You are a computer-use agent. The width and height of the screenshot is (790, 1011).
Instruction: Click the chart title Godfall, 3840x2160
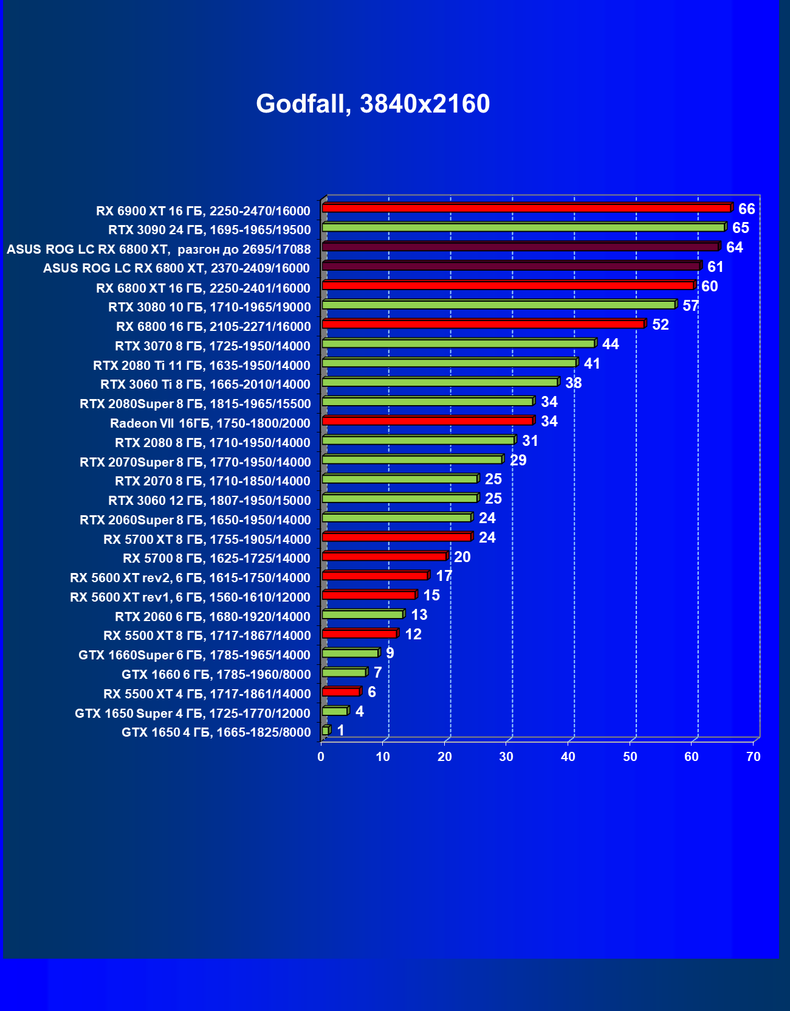click(373, 104)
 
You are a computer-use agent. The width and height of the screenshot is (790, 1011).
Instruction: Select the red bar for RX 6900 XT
click(526, 208)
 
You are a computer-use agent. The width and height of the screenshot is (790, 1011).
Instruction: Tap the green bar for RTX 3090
click(523, 228)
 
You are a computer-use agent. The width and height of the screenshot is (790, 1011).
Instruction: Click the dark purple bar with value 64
click(520, 247)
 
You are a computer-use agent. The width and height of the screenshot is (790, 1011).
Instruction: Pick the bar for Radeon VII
click(427, 421)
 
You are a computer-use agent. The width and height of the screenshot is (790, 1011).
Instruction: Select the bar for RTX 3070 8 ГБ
click(458, 344)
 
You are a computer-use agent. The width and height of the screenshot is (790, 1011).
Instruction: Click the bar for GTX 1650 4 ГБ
click(326, 731)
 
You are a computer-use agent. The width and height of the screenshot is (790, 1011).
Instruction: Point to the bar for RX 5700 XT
click(396, 537)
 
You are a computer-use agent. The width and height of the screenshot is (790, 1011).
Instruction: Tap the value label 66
click(746, 209)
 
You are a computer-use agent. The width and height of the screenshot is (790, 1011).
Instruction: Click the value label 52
click(660, 325)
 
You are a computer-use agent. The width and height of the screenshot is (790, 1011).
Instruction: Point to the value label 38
click(573, 383)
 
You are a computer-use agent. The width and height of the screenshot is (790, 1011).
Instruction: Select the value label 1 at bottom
click(340, 731)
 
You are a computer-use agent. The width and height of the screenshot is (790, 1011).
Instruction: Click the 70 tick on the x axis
click(753, 757)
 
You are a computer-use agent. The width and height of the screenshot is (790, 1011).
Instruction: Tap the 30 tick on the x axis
click(506, 757)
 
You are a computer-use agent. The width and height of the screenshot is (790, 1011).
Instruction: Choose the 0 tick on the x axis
click(321, 757)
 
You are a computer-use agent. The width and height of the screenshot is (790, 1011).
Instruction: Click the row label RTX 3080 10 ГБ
click(209, 307)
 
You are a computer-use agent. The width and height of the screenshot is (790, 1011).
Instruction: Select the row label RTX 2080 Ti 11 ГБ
click(201, 366)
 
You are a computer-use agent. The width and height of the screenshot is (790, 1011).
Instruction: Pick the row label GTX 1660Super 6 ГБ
click(194, 655)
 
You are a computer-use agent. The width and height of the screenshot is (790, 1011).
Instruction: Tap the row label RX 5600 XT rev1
click(190, 597)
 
